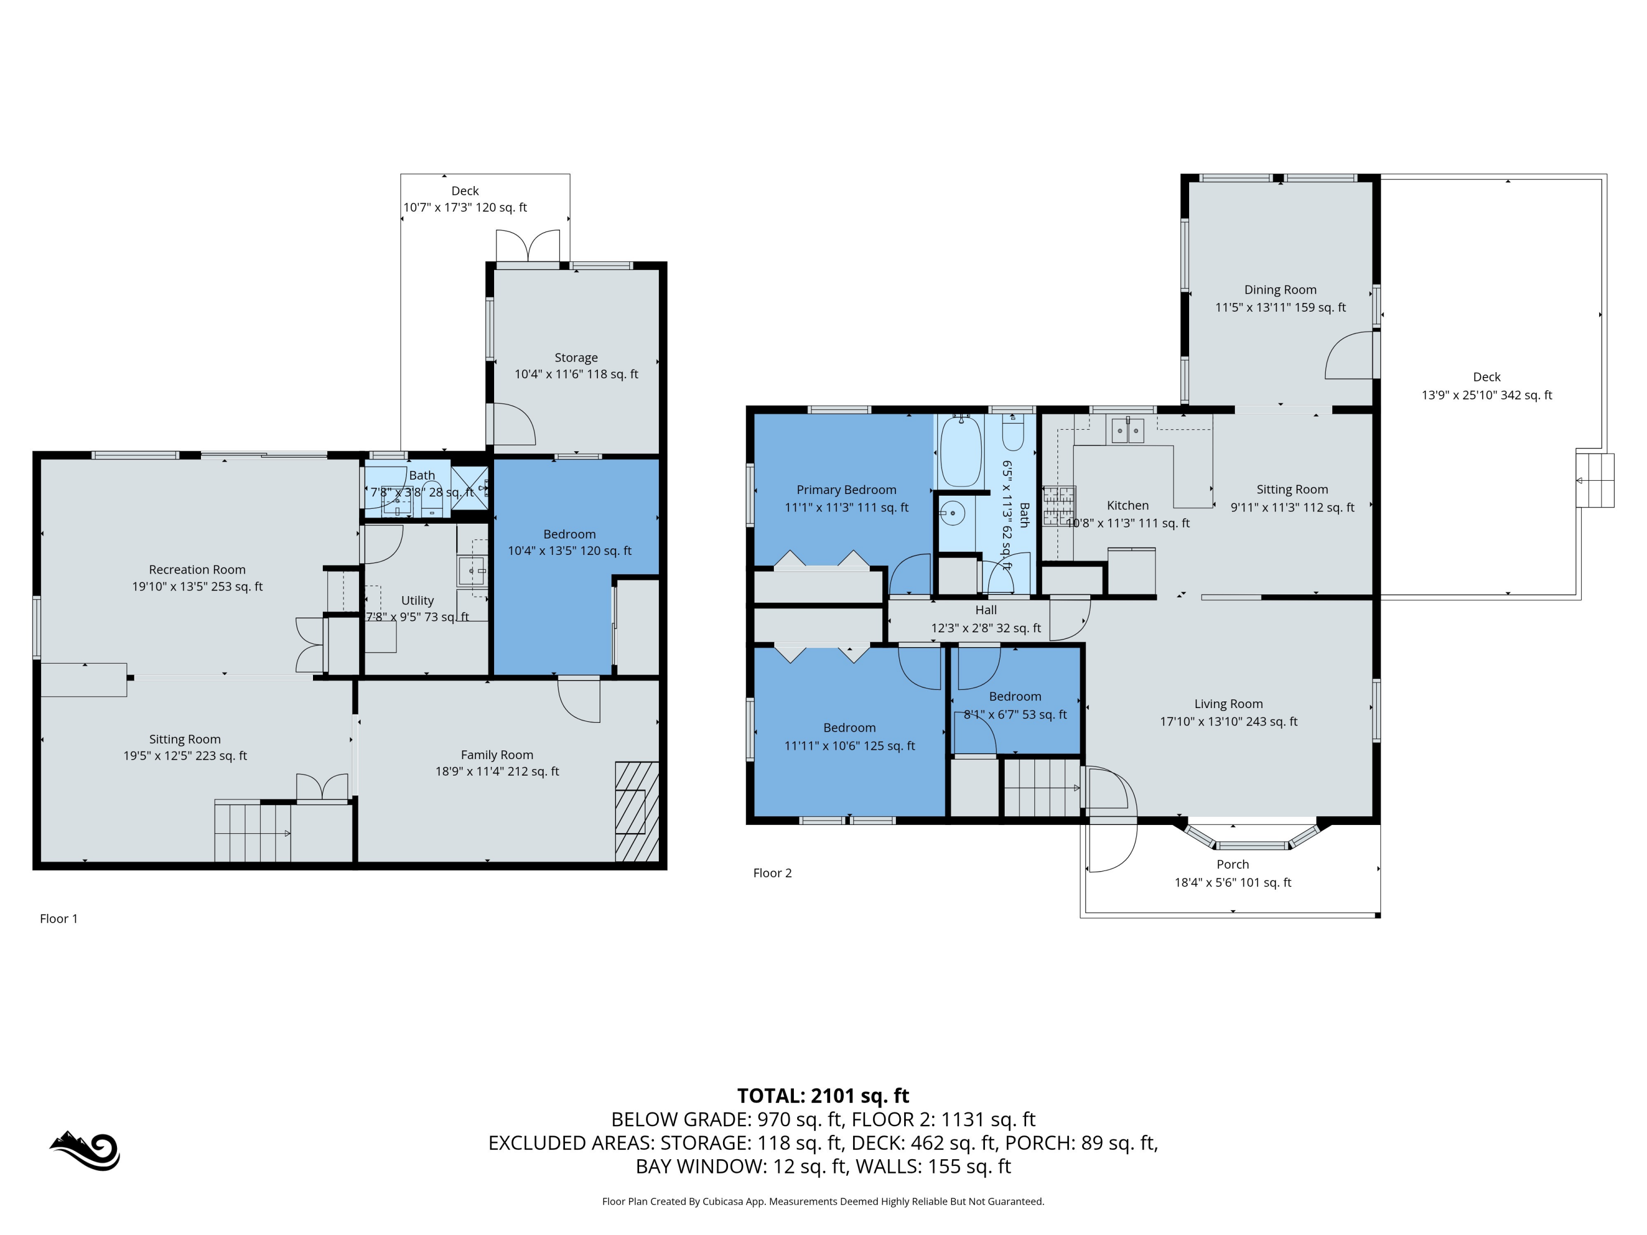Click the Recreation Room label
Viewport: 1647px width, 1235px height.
(197, 570)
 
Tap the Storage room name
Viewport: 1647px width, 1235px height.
(576, 358)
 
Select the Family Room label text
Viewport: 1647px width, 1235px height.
(497, 755)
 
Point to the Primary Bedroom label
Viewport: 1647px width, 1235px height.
(847, 490)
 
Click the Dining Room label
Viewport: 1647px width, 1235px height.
(1281, 290)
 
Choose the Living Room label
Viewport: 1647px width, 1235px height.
(1229, 704)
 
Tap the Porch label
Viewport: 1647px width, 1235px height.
(1233, 864)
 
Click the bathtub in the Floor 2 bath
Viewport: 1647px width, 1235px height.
(961, 451)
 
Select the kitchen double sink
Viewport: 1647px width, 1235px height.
(1128, 430)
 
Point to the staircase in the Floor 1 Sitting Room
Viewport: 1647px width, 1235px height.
(253, 831)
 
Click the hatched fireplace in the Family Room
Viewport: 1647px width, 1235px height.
(637, 811)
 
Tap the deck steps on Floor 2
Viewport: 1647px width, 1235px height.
(1595, 480)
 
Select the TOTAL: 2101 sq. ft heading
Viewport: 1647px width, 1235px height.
(823, 1096)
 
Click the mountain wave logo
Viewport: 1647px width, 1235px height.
(85, 1151)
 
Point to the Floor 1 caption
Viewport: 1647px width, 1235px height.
(59, 919)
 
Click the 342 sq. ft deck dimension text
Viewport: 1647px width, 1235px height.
(1487, 395)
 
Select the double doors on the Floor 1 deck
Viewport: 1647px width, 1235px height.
(528, 246)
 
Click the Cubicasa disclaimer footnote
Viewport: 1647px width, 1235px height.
(823, 1202)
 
